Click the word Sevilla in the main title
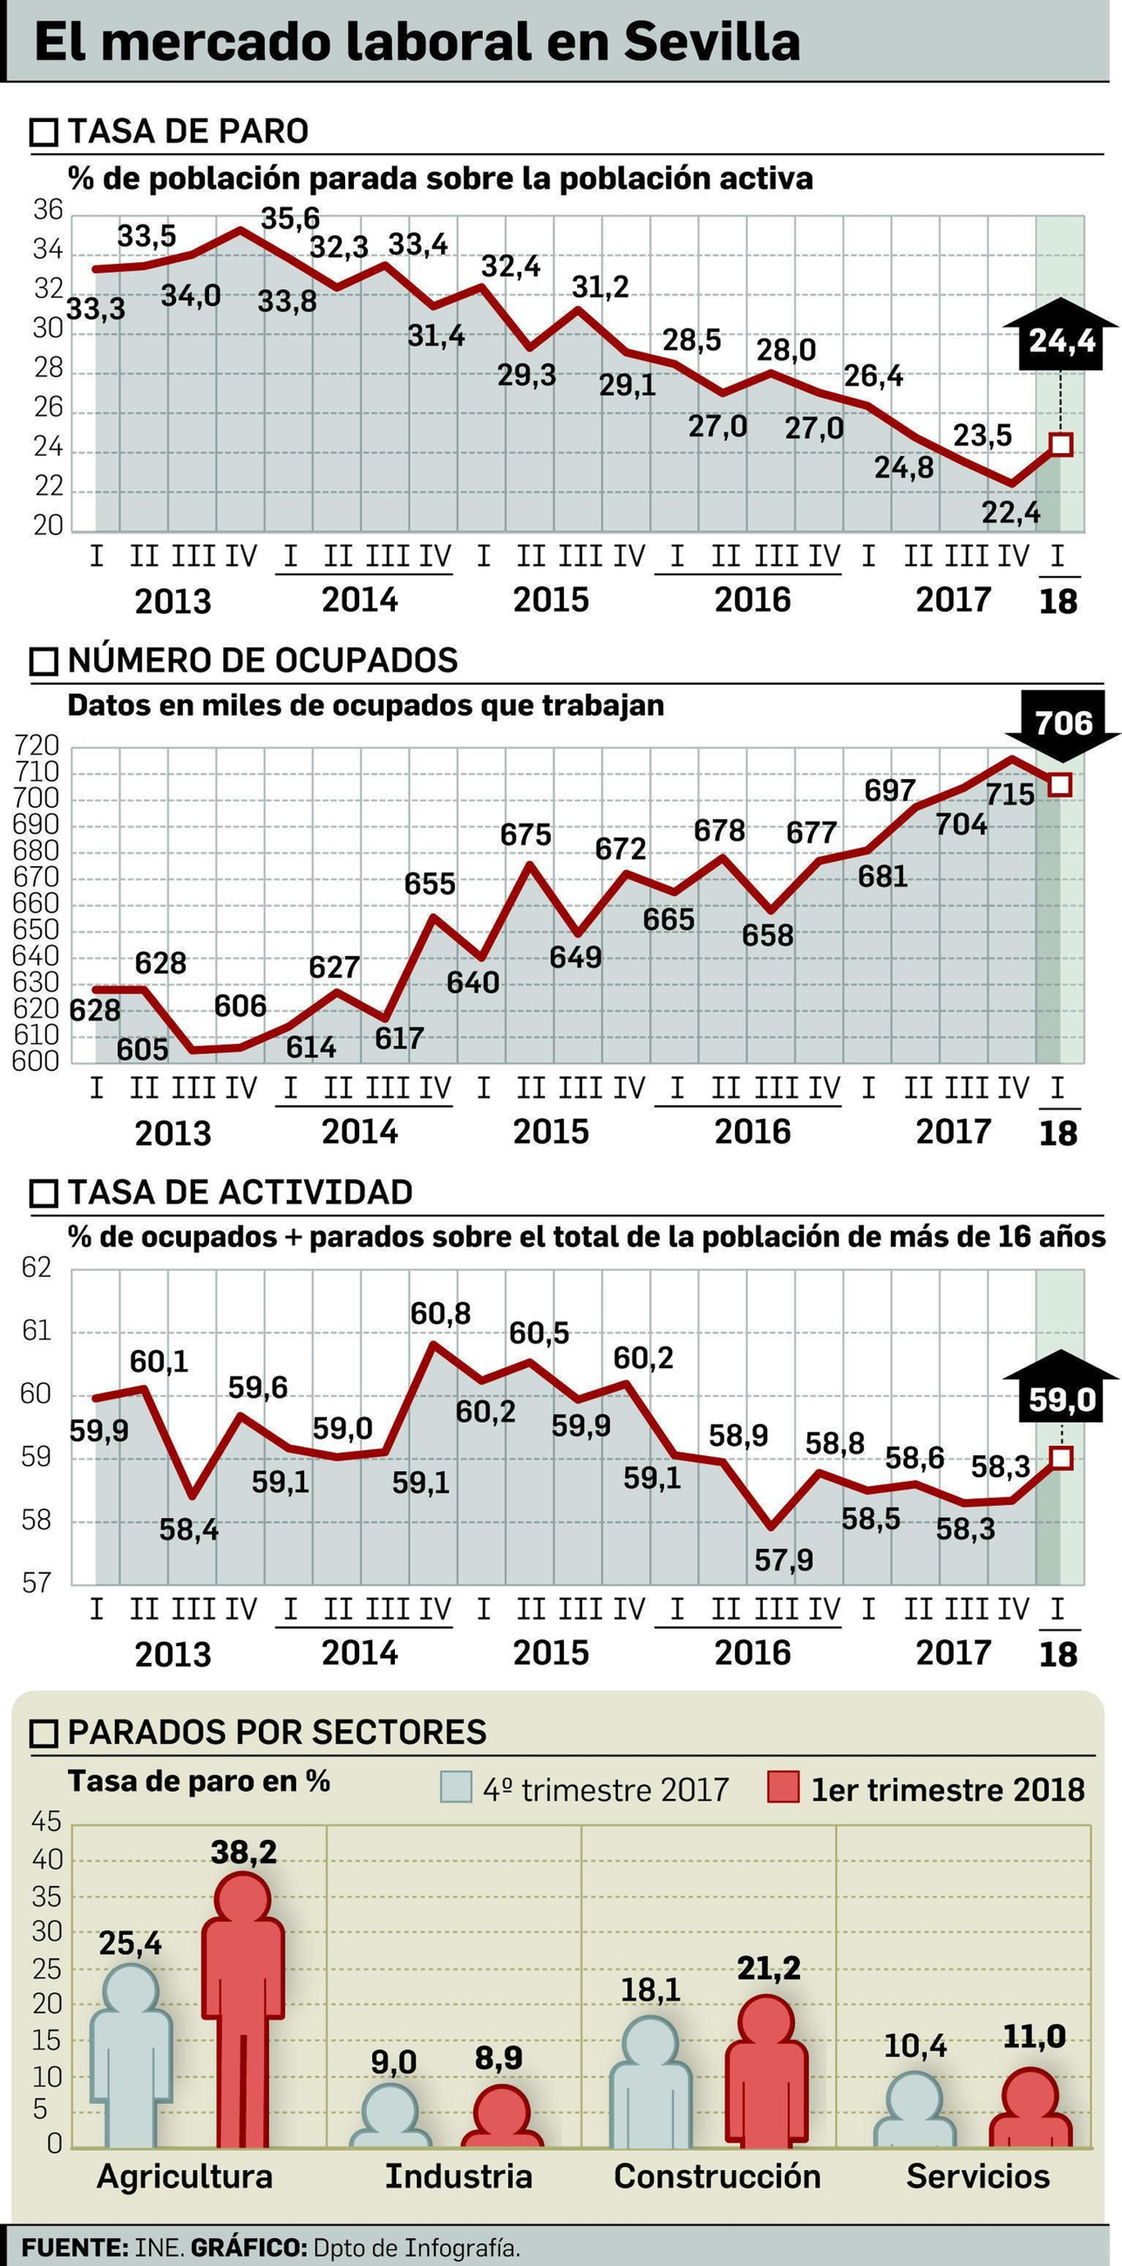point(712,41)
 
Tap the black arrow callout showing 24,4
point(1061,338)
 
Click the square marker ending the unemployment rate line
point(1061,445)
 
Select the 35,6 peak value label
point(290,218)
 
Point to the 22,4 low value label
point(1011,512)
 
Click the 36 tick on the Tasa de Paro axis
point(48,210)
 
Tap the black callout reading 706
point(1063,723)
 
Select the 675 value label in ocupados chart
point(525,834)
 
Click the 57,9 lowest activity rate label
point(783,1560)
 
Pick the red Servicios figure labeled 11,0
point(1030,2110)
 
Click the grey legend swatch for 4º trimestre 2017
point(457,1789)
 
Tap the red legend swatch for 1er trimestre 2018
point(783,1789)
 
